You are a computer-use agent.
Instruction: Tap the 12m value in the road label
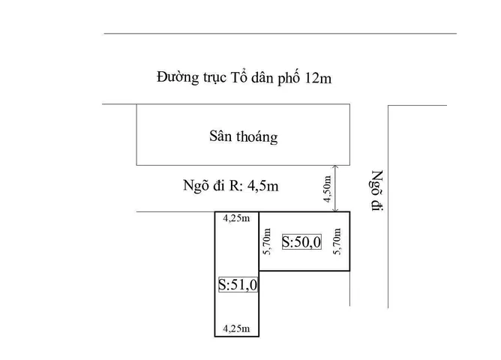319,78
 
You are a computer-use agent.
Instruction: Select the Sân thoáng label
244,136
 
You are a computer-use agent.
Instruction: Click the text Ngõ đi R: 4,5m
231,185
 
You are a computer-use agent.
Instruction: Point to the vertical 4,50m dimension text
327,189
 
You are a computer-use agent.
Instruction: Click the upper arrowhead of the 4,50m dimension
335,166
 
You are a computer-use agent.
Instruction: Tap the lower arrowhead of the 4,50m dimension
335,210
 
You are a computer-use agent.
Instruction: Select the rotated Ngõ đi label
377,190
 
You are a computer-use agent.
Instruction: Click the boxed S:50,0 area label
301,241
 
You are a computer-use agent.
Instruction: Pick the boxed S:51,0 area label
238,284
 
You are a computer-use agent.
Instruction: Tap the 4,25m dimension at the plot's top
236,218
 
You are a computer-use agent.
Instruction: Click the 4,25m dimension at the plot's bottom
236,328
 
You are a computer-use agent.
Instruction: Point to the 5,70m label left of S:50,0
267,241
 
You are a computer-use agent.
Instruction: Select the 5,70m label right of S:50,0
337,241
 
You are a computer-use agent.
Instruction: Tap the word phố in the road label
289,78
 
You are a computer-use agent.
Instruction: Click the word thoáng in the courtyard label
257,137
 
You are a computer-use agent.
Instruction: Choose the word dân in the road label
262,78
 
